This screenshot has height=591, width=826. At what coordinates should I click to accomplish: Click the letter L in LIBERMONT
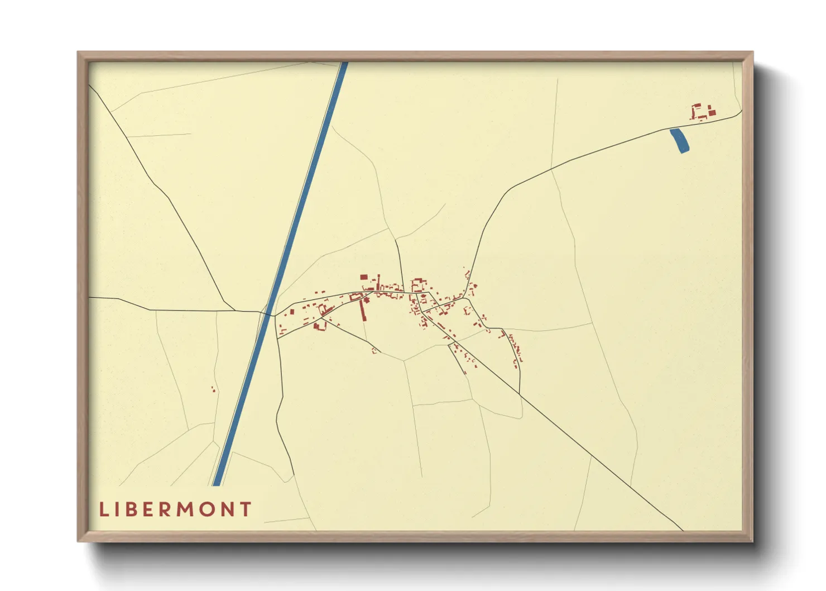[x=103, y=509]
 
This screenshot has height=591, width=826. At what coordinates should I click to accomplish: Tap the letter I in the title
[x=118, y=509]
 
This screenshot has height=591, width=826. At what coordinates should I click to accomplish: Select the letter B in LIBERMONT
[x=132, y=509]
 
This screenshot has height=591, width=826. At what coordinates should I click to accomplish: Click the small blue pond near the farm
[x=680, y=140]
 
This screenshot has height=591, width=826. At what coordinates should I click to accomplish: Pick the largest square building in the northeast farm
[x=712, y=113]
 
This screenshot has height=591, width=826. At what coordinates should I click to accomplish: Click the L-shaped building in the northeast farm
[x=696, y=107]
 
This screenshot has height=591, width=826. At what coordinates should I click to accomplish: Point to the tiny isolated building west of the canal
[x=213, y=389]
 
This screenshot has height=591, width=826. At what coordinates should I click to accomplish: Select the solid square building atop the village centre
[x=363, y=277]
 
